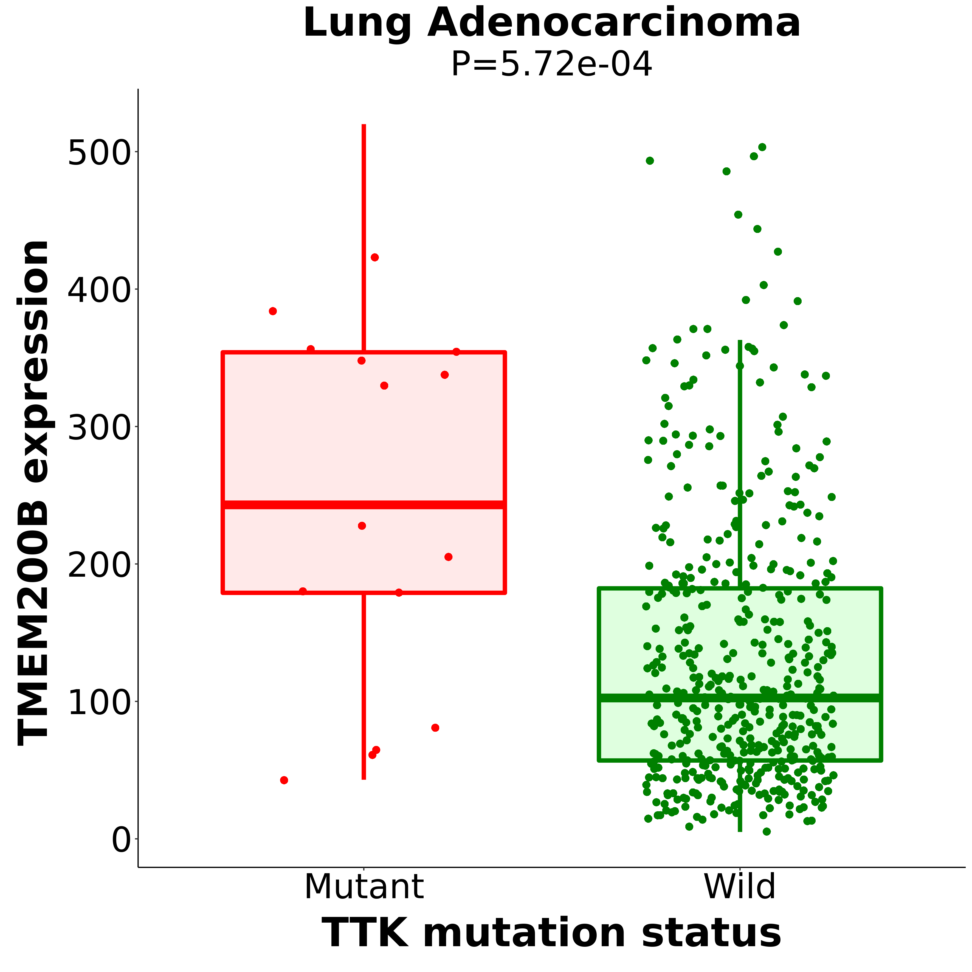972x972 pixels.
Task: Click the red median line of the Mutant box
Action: (364, 505)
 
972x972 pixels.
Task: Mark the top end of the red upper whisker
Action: (364, 125)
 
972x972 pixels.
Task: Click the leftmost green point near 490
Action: (650, 161)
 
